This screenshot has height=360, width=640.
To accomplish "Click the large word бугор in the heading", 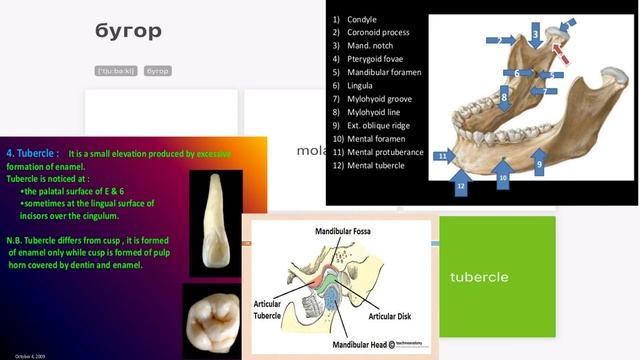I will tap(128, 31).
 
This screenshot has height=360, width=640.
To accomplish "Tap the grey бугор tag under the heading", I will tap(157, 71).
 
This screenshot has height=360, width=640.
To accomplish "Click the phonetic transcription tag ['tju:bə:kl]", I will tap(116, 71).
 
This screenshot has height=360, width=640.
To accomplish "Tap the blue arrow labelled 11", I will tap(445, 157).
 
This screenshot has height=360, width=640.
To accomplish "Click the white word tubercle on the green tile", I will tap(479, 276).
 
